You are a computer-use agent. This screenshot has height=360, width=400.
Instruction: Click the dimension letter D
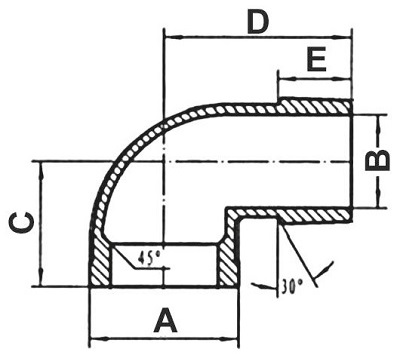[258, 23]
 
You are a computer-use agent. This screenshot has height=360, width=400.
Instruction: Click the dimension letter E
[316, 59]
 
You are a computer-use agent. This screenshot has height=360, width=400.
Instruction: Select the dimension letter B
[377, 161]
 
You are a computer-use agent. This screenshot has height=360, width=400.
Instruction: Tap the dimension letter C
[22, 223]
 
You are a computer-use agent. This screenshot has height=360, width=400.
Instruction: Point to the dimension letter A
[165, 320]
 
